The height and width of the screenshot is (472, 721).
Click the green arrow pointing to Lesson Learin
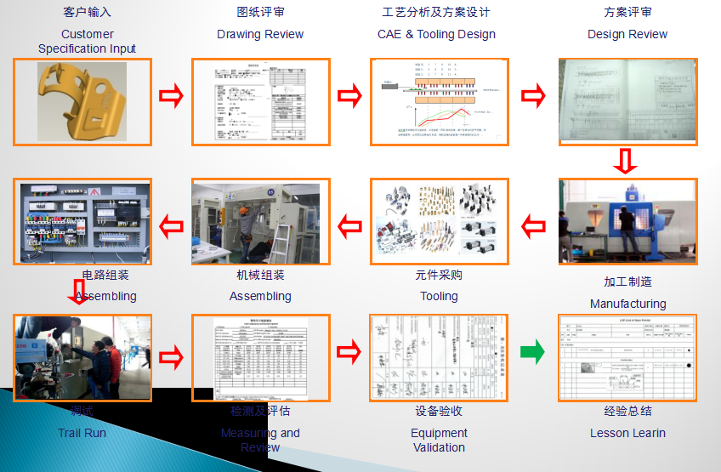(531, 351)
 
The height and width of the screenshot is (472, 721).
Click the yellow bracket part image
(83, 101)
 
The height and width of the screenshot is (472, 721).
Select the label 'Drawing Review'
(260, 34)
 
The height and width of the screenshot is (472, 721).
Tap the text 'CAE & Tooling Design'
(436, 34)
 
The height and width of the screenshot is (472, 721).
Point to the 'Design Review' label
(627, 34)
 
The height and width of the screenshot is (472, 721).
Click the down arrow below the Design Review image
(626, 161)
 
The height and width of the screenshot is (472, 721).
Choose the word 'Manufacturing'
(627, 304)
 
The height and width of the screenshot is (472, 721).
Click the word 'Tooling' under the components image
(439, 296)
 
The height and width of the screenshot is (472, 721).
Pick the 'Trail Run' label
(82, 433)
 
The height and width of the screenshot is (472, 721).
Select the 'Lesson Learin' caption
(627, 433)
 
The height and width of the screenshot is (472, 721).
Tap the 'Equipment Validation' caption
(439, 440)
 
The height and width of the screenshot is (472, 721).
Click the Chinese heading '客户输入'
(87, 13)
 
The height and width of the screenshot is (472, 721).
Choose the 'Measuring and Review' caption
(260, 440)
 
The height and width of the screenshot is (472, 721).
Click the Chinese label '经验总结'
(627, 411)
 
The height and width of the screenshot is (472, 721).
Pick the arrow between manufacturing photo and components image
(533, 226)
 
